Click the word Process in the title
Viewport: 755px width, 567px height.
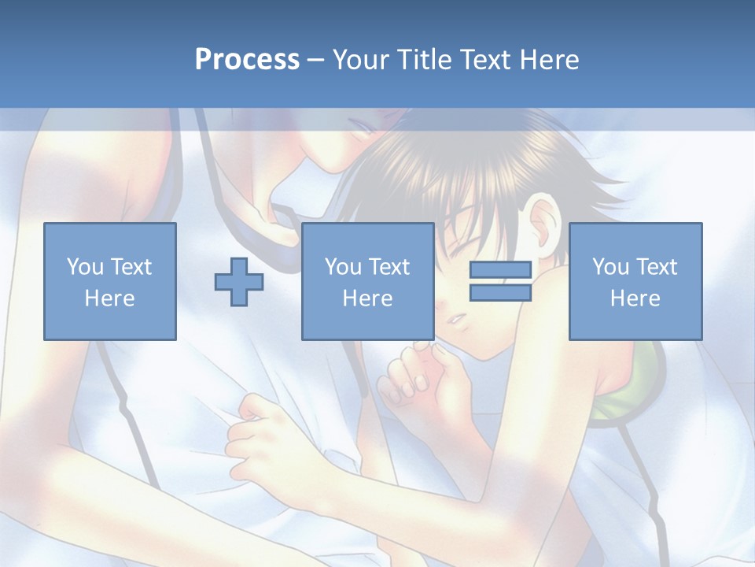tap(247, 60)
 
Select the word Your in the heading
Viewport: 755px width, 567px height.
tap(361, 60)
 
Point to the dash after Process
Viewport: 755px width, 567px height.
tap(316, 61)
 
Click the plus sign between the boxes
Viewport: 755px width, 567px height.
tap(239, 281)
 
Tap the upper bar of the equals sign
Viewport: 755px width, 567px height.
tap(500, 270)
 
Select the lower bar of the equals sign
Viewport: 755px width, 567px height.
tap(500, 292)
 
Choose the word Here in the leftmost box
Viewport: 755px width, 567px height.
tap(109, 298)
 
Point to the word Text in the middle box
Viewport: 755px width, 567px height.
tap(390, 267)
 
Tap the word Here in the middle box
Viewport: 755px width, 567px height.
tap(367, 298)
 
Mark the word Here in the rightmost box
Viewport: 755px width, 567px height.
tap(635, 298)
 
